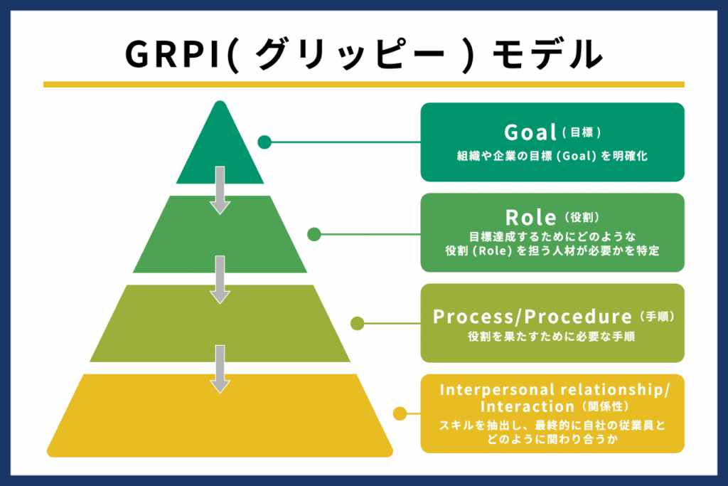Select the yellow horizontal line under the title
tap(363, 84)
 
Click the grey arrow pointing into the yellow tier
tap(220, 369)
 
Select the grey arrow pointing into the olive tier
tap(220, 280)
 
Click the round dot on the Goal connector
tap(264, 142)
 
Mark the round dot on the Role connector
tap(314, 233)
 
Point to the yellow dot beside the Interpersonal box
tap(400, 413)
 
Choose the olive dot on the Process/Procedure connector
tap(357, 324)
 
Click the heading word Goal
tap(530, 132)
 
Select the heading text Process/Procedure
tap(532, 317)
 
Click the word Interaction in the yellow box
tap(527, 406)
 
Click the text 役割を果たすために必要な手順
tap(552, 337)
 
